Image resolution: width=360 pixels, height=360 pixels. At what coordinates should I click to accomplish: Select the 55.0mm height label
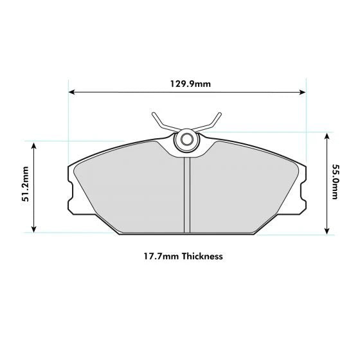click(x=335, y=182)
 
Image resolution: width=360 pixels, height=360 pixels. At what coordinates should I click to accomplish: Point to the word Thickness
click(x=202, y=256)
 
